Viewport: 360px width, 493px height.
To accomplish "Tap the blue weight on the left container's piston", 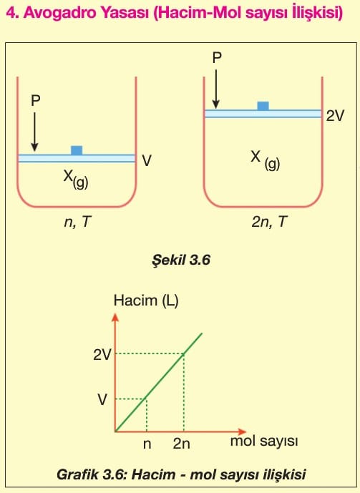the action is (77, 150).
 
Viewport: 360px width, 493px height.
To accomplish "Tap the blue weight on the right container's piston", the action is (263, 106).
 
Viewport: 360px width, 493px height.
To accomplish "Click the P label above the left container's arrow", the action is (36, 101).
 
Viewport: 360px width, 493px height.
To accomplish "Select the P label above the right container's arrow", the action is (217, 58).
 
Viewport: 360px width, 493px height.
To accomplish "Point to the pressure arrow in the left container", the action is (34, 132).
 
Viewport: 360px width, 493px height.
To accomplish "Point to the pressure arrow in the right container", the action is (215, 89).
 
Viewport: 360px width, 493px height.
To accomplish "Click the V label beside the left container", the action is (147, 160).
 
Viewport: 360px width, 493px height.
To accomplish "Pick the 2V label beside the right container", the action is (335, 116).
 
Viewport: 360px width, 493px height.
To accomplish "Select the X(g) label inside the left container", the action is (76, 179).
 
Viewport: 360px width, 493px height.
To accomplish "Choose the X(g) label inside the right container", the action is (265, 160).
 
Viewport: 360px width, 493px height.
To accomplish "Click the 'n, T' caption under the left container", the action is (77, 222).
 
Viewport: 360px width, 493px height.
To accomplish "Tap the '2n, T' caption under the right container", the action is (269, 222).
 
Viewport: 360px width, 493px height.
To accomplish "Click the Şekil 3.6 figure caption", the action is (181, 260).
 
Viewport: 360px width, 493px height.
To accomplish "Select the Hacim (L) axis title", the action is (146, 301).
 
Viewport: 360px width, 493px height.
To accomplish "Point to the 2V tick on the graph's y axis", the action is (102, 355).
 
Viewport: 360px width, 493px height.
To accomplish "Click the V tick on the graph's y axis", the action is (102, 399).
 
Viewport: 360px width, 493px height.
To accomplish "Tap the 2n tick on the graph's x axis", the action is (181, 444).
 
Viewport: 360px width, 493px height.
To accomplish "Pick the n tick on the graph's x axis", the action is (147, 444).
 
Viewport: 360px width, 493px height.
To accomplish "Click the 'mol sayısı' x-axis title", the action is (264, 441).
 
